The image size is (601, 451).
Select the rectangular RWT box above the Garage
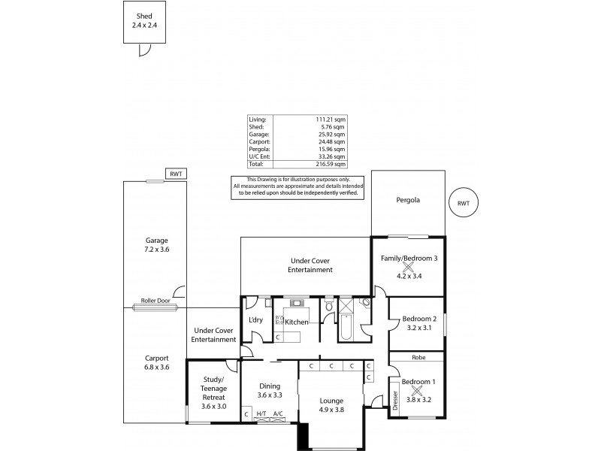click(175, 174)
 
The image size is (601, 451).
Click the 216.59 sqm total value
click(331, 163)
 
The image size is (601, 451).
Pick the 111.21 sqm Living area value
click(331, 119)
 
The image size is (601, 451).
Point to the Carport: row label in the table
click(259, 141)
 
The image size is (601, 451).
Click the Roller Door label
click(156, 301)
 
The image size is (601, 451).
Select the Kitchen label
click(297, 322)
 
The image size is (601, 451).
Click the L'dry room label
click(255, 321)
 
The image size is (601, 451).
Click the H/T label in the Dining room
click(261, 413)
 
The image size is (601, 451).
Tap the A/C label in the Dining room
click(278, 413)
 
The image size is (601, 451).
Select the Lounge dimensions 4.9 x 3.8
click(331, 409)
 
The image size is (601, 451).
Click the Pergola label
click(408, 201)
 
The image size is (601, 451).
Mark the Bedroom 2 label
click(418, 319)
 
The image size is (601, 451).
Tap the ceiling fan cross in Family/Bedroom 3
click(409, 266)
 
